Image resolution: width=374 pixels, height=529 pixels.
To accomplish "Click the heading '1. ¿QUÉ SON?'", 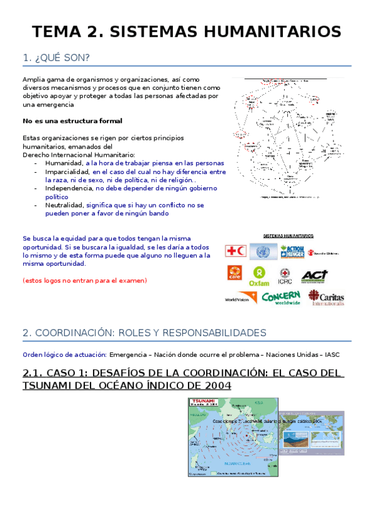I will pyautogui.click(x=56, y=58).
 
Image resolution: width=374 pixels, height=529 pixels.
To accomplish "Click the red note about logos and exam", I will pyautogui.click(x=84, y=281).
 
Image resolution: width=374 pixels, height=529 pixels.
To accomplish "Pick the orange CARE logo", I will pyautogui.click(x=233, y=275).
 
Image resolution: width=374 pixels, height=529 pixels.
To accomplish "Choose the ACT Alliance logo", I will pyautogui.click(x=314, y=275).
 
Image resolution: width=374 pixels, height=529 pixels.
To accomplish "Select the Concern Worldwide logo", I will pyautogui.click(x=281, y=298).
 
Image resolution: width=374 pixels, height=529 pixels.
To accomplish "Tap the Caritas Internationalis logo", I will pyautogui.click(x=326, y=298).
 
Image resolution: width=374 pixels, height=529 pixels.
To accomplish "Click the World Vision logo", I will pyautogui.click(x=240, y=298).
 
